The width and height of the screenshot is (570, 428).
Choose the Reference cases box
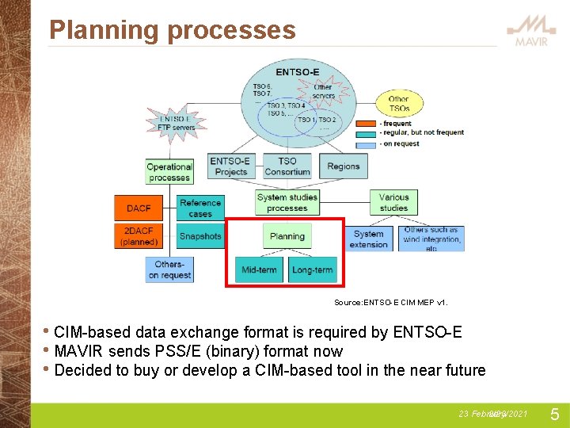[200, 208]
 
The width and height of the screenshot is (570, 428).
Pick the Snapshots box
[200, 235]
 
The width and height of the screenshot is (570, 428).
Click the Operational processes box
[169, 172]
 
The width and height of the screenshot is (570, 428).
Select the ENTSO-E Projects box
[230, 166]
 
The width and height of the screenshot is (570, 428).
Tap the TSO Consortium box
[287, 166]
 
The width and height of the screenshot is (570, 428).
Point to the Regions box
[343, 166]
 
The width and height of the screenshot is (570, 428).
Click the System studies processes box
[287, 202]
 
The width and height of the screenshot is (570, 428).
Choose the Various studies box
[393, 202]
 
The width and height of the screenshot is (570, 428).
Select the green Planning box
[287, 236]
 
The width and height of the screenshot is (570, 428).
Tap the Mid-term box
[260, 269]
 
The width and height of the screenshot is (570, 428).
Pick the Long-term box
[312, 269]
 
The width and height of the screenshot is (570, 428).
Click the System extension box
[369, 239]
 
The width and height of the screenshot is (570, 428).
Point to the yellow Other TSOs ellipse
[399, 104]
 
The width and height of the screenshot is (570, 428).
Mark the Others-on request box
[169, 269]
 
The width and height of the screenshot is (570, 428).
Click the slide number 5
[554, 414]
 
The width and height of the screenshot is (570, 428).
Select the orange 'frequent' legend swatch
[366, 124]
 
